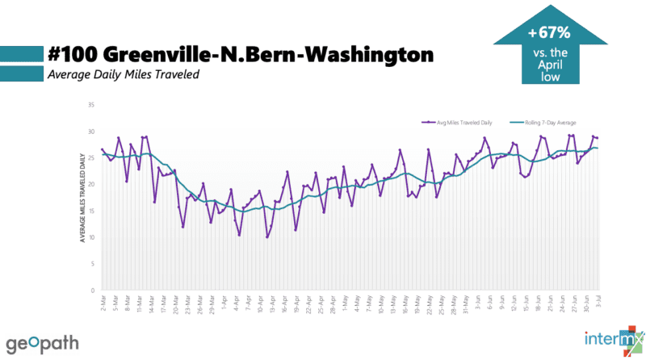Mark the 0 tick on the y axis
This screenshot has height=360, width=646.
click(93, 291)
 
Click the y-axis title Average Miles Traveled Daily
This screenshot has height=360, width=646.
click(83, 198)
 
